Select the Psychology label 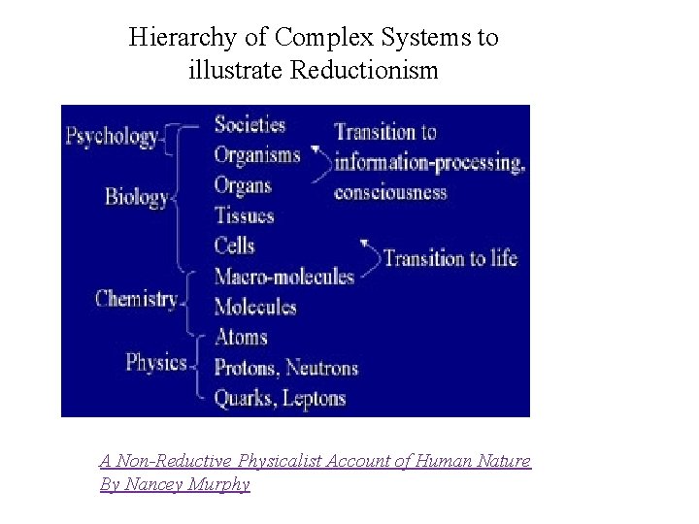tap(112, 136)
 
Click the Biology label tap(137, 197)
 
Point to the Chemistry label tap(137, 298)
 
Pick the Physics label tap(156, 362)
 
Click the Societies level tap(250, 124)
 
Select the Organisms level tap(256, 154)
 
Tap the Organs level tap(243, 184)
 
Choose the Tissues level tap(244, 214)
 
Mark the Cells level tap(234, 245)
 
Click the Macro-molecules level tap(283, 276)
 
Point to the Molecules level tap(254, 307)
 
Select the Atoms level tap(240, 337)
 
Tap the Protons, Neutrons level tap(285, 368)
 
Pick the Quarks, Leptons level tap(279, 397)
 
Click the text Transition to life tap(449, 258)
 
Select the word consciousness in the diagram tap(390, 191)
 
